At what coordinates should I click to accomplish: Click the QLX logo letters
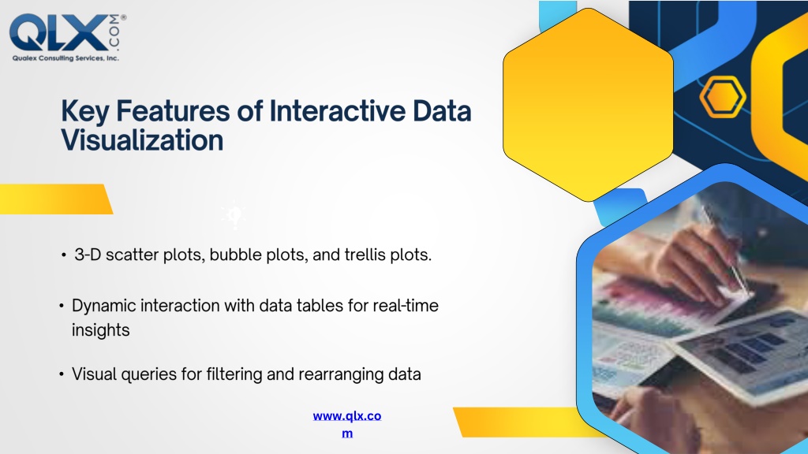[58, 32]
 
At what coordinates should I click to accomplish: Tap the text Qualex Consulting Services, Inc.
[65, 58]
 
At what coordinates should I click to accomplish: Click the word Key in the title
[85, 112]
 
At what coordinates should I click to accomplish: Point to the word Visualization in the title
[142, 140]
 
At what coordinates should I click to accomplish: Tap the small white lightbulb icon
[234, 216]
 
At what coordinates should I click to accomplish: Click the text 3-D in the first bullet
[88, 255]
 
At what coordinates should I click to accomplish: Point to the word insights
[100, 330]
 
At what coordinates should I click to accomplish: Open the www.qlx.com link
[347, 424]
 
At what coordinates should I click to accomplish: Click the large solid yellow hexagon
[588, 105]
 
